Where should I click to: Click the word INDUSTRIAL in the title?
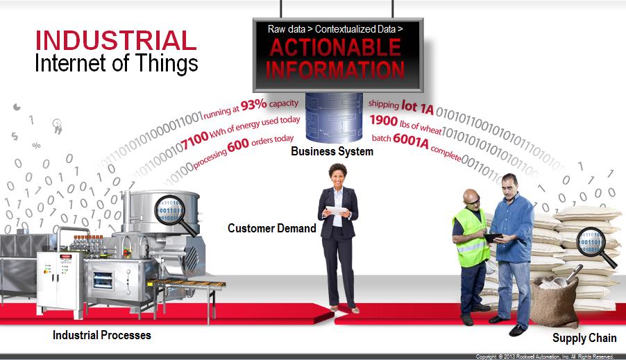tap(116, 40)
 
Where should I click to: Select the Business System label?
tap(332, 151)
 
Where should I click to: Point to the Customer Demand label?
tap(272, 228)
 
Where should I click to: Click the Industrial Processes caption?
tap(102, 336)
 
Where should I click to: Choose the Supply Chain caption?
tap(584, 338)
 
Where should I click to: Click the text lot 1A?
tap(418, 105)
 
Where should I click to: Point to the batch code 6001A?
tap(411, 139)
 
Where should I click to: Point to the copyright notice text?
tap(544, 357)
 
